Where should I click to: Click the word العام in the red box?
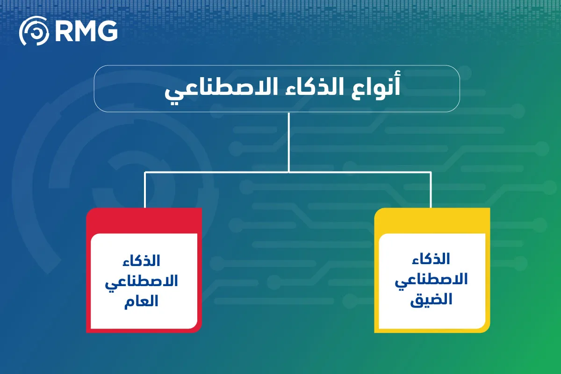tap(141, 301)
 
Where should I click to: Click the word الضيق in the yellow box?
tap(431, 299)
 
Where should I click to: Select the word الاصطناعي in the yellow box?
tap(431, 280)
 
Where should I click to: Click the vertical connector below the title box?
tap(289, 140)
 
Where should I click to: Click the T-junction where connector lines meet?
tap(289, 172)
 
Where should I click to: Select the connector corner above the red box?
tap(145, 173)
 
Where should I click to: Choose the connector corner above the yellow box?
tap(431, 173)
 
